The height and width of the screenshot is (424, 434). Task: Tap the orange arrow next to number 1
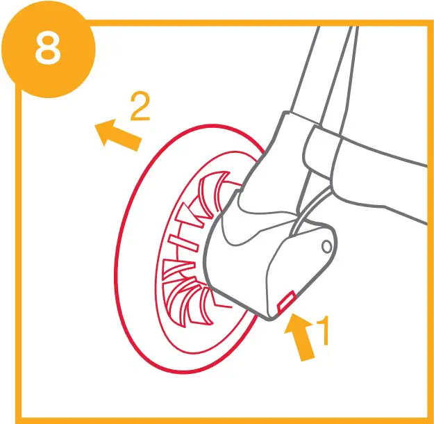[x=301, y=337]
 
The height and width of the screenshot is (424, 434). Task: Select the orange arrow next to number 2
[x=115, y=132]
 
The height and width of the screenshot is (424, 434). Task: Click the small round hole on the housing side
[x=326, y=246]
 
